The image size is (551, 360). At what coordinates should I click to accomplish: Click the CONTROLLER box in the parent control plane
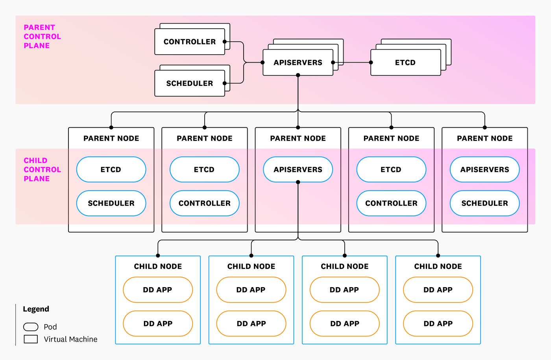(190, 42)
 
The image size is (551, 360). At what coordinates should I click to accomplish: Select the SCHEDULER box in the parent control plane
(190, 83)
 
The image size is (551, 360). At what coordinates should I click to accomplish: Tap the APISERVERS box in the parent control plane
(298, 62)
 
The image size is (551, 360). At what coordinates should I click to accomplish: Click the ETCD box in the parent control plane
(405, 62)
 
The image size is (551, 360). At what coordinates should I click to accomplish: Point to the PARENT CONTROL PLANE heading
(42, 36)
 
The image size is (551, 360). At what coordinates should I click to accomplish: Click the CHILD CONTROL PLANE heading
(42, 169)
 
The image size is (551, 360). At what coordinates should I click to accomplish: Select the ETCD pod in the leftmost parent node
(111, 169)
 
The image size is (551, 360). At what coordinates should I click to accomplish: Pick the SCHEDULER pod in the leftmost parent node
(111, 203)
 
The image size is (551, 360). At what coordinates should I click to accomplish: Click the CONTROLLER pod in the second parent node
(204, 203)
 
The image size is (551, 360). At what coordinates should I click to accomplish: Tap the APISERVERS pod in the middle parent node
(298, 169)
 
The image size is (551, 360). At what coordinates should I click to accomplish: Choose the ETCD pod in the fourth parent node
(391, 169)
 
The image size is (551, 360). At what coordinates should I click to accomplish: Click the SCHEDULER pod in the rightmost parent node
(484, 203)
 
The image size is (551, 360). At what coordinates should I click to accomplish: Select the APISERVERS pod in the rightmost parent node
(484, 169)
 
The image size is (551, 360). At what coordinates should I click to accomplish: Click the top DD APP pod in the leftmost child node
(157, 290)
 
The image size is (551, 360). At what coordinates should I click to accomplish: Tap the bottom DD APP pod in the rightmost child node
(438, 323)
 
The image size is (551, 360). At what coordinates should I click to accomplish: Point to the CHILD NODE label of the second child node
(251, 266)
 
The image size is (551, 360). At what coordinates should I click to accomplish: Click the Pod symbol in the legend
(31, 327)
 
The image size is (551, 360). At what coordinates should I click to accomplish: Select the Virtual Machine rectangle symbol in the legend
(31, 339)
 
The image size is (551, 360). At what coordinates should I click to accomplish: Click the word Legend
(36, 309)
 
